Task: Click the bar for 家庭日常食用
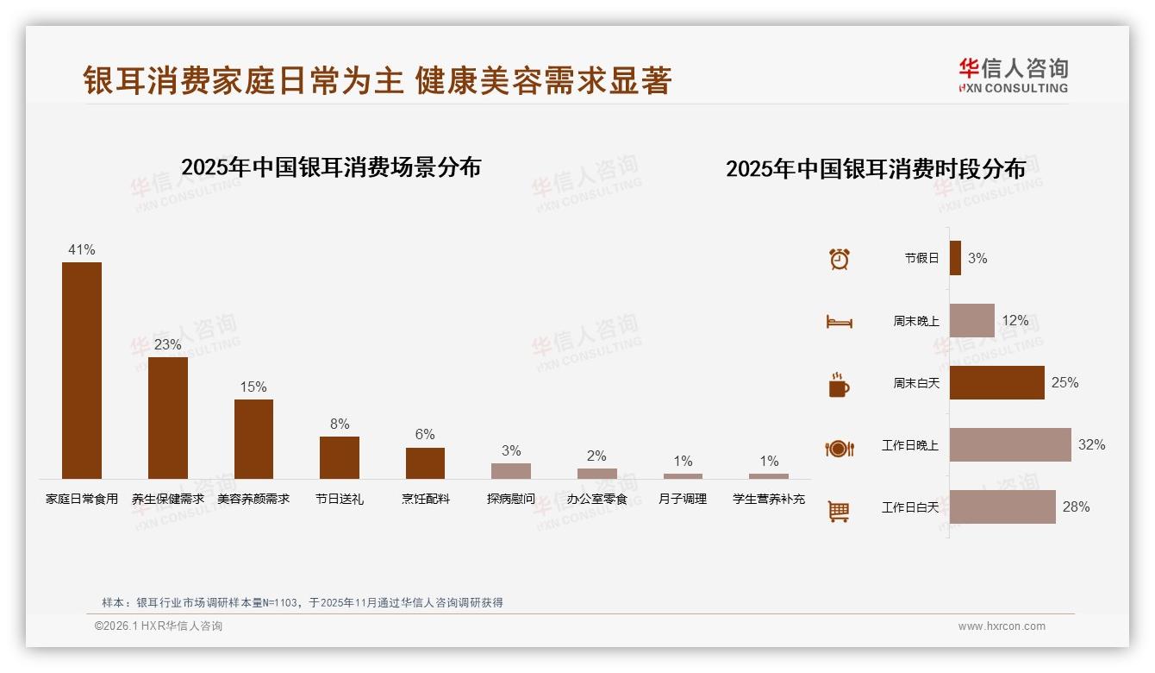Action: click(x=82, y=370)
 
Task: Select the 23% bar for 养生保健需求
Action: click(x=168, y=418)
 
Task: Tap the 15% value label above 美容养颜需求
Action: click(x=253, y=387)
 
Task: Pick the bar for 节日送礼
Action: click(x=340, y=457)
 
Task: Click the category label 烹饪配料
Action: click(x=425, y=499)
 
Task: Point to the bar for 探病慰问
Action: click(x=511, y=471)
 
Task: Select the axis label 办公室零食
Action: click(x=596, y=499)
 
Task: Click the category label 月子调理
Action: click(x=683, y=499)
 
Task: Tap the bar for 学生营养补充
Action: click(x=769, y=476)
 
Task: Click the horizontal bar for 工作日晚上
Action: click(x=1010, y=445)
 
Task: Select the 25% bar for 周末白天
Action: click(x=997, y=383)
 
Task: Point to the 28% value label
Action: click(x=1076, y=507)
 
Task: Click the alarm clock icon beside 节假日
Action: click(x=840, y=259)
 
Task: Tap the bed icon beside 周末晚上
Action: click(x=840, y=322)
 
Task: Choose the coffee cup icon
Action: click(x=839, y=385)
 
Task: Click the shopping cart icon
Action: click(x=839, y=511)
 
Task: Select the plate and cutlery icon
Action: click(x=840, y=448)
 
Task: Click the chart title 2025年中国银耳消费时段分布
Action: click(x=876, y=169)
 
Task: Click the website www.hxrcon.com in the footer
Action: click(x=1002, y=626)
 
